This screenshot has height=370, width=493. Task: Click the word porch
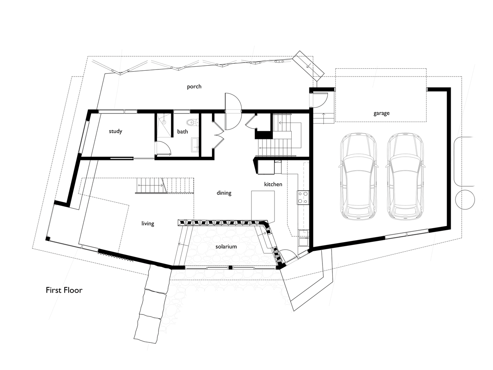[x=194, y=87]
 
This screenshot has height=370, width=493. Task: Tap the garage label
[x=381, y=113]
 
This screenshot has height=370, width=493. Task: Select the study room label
[x=115, y=131]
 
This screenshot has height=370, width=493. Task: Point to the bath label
[x=182, y=132]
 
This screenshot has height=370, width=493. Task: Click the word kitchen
[x=273, y=184]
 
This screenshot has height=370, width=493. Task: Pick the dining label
[x=224, y=193]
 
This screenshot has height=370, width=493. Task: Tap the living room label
[x=148, y=224]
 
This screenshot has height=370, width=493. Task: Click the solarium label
[x=226, y=246]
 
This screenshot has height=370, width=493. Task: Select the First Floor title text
[x=64, y=290]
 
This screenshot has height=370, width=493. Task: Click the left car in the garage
[x=358, y=176]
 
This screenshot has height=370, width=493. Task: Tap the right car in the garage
[x=405, y=176]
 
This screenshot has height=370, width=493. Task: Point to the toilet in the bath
[x=191, y=122]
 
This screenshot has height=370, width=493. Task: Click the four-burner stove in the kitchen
[x=302, y=197]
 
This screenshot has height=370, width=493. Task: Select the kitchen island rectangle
[x=263, y=206]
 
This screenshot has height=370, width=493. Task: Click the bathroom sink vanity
[x=194, y=145]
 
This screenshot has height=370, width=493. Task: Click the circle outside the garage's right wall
[x=465, y=199]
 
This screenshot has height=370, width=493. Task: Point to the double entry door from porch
[x=233, y=111]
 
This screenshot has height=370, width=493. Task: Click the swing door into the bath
[x=164, y=148]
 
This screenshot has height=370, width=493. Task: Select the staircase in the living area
[x=164, y=185]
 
